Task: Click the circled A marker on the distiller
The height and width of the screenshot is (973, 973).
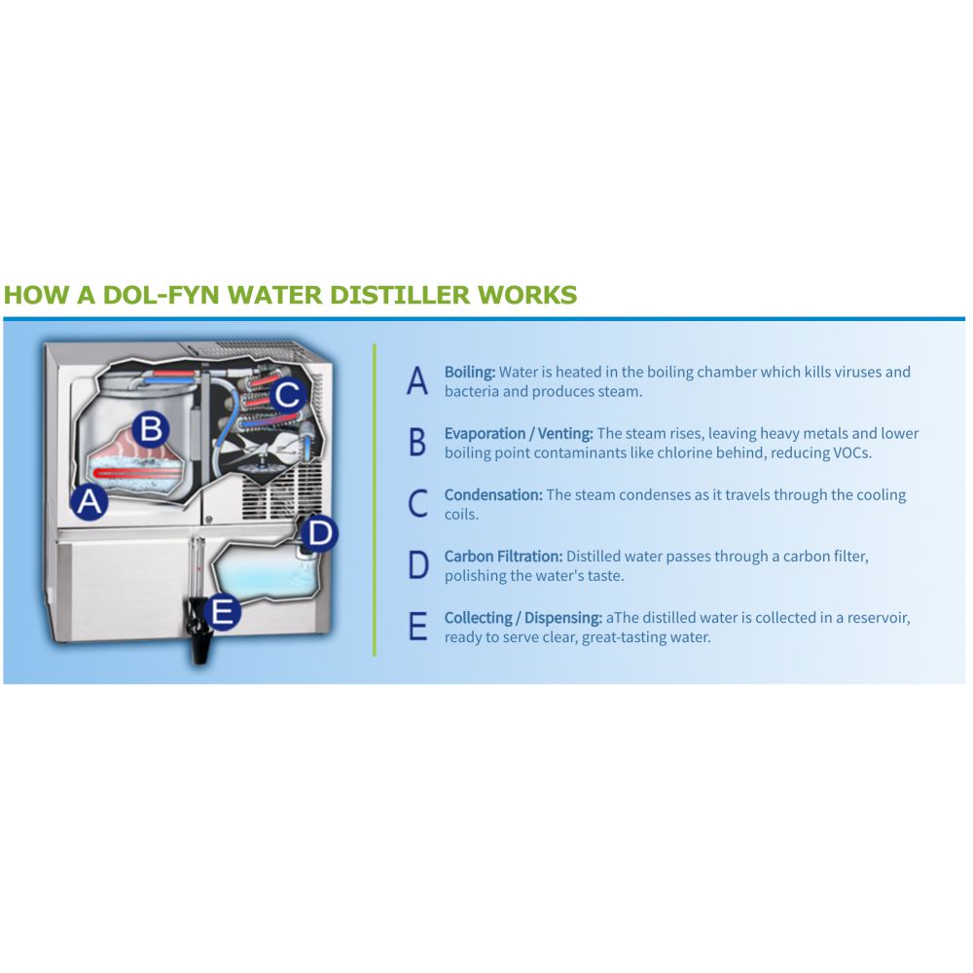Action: coord(90,502)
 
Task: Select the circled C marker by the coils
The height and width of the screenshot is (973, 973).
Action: coord(288,394)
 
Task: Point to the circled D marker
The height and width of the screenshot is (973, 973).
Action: coord(320,532)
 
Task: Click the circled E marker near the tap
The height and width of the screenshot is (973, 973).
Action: coord(223,612)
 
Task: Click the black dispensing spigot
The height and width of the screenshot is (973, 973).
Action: coord(201,643)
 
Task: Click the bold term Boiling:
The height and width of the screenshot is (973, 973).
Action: coord(470,372)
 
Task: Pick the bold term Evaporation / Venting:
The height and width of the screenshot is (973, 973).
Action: coord(519,433)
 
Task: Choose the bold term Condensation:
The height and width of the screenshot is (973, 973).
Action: coord(493,494)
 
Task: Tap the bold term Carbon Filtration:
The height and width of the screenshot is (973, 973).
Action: coord(503,557)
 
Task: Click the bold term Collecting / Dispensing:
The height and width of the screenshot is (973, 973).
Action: coord(523,618)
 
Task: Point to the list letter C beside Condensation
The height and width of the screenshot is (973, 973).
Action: coord(417,503)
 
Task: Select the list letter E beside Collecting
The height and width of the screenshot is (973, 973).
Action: coord(417,627)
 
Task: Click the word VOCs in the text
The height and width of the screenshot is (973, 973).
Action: coord(849,452)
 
